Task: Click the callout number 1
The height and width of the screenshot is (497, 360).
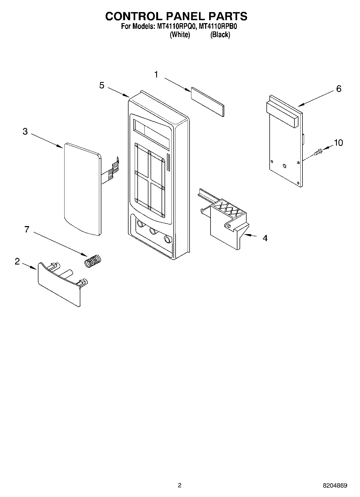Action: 156,74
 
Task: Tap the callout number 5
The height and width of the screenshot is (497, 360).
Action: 102,85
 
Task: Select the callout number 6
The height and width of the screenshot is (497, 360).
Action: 339,89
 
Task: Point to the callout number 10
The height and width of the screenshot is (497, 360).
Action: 338,143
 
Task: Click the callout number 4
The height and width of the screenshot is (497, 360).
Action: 265,238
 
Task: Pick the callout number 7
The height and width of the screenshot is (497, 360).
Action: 27,230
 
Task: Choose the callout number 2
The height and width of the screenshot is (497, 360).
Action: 17,261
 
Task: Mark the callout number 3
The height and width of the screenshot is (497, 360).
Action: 25,131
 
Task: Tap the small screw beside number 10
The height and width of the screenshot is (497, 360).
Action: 318,152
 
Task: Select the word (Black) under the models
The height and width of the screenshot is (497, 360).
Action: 220,35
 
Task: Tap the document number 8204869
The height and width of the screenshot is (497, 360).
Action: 335,485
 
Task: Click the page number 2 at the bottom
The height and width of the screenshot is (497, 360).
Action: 180,485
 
